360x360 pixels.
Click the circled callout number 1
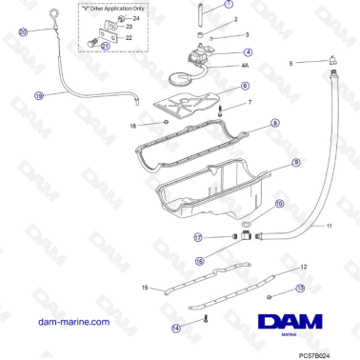point(228,5)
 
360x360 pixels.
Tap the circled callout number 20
point(24,31)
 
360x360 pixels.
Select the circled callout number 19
point(39,95)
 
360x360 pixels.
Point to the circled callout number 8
point(274,123)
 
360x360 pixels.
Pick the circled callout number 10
point(279,204)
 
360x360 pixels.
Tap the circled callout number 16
point(199,260)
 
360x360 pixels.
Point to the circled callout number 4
point(248,52)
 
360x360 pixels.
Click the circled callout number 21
point(105,46)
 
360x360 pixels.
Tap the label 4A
point(244,66)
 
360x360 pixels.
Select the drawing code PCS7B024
point(319,352)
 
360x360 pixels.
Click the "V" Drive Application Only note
point(110,7)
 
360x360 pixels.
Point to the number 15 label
point(145,287)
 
